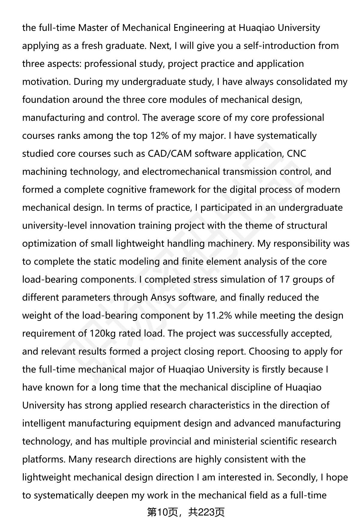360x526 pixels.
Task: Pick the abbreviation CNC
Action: [x=297, y=154]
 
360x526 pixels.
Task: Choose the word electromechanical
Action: [x=181, y=172]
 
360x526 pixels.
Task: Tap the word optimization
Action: [x=49, y=244]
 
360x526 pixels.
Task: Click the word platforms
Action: [x=44, y=459]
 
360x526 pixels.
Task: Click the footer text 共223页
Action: [x=206, y=513]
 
